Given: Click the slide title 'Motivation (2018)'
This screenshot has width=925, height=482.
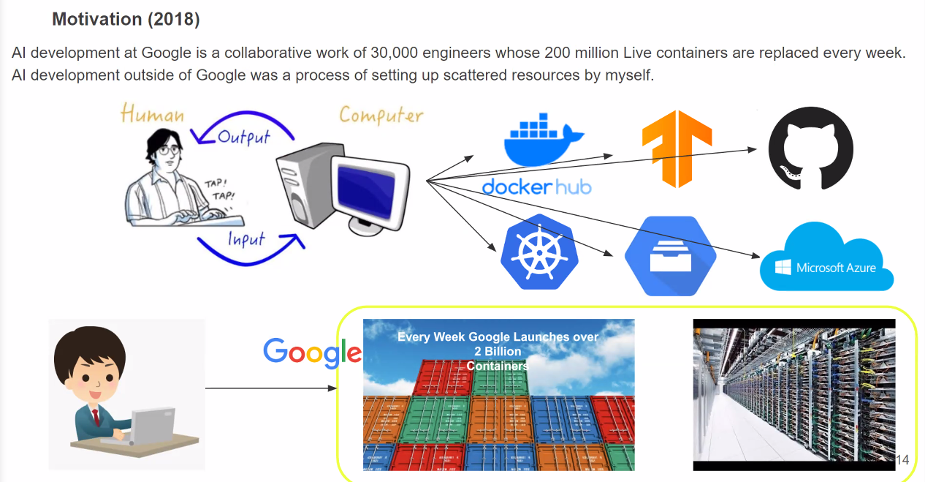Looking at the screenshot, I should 126,20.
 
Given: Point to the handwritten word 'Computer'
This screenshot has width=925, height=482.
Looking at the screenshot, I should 381,116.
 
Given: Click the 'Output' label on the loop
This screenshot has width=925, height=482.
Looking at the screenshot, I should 244,137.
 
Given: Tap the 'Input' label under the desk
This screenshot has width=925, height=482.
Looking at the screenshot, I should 245,238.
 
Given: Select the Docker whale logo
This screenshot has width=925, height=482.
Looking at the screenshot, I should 543,139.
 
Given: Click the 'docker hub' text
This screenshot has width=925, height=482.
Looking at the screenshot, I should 536,187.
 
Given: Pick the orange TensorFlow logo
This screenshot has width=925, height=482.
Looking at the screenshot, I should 677,148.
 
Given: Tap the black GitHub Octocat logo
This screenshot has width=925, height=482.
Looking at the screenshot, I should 810,148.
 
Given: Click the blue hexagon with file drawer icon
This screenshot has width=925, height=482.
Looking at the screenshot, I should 670,256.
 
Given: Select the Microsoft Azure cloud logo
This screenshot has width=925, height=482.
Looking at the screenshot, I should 827,260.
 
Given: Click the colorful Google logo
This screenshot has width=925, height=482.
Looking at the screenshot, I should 312,352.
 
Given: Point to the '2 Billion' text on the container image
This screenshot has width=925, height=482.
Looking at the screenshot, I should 498,351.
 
